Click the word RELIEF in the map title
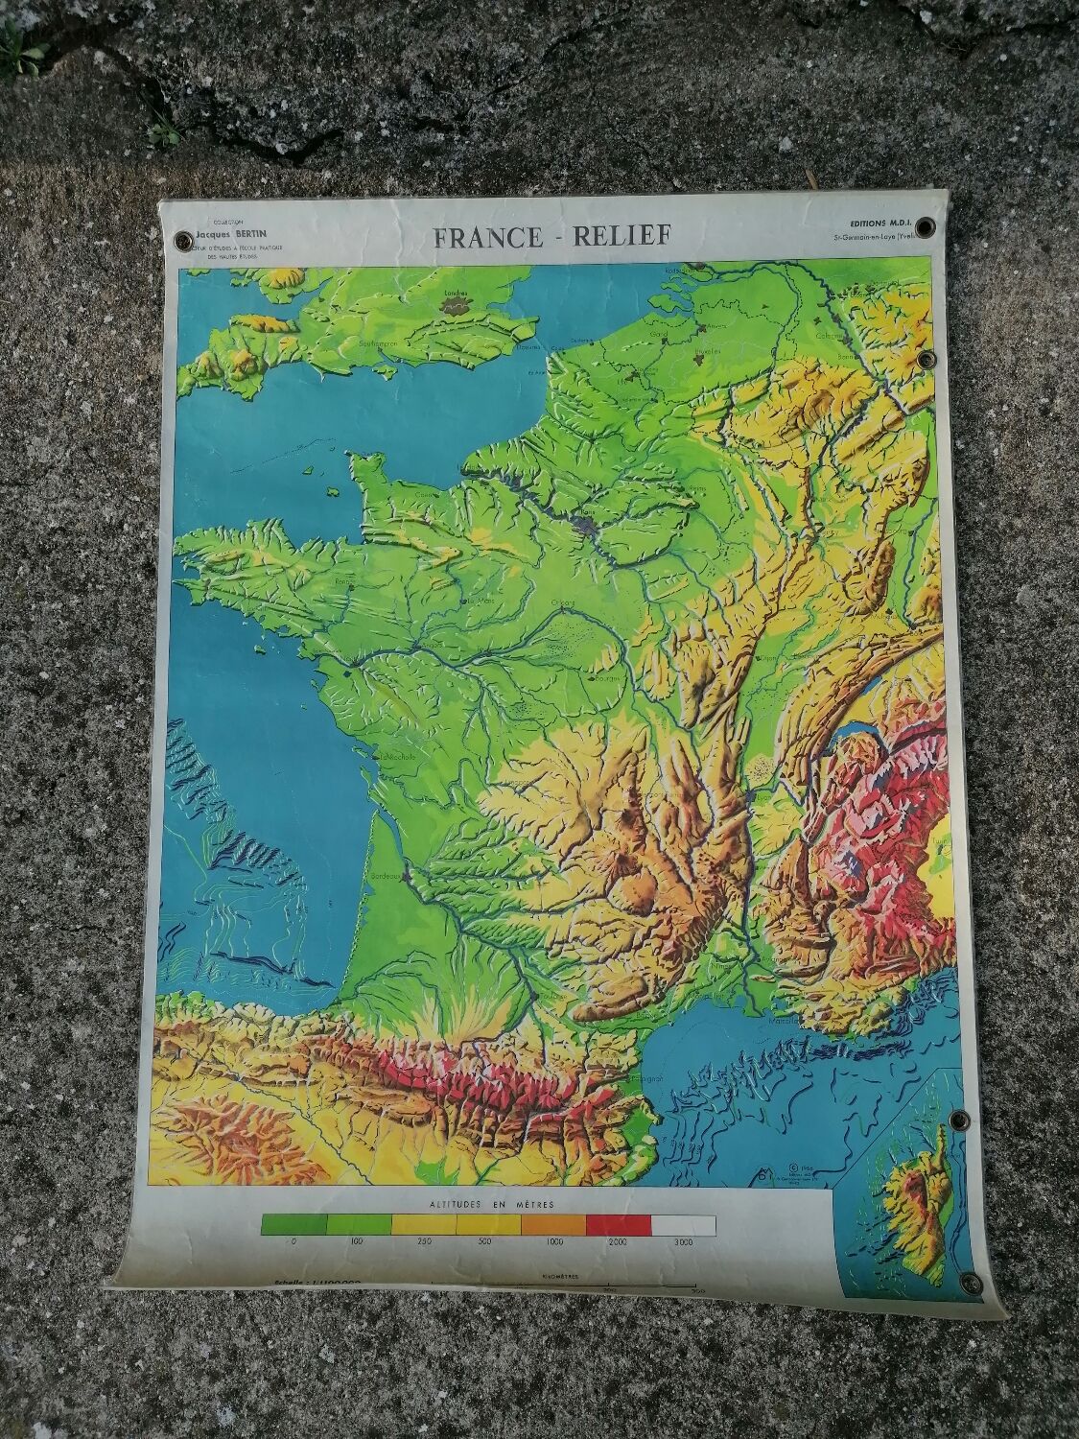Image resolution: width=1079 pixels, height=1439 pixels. [621, 236]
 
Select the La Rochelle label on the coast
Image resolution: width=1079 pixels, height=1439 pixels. [396, 755]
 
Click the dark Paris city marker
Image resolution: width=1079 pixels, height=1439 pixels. [586, 525]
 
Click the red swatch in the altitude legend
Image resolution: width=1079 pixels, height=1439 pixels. [619, 1224]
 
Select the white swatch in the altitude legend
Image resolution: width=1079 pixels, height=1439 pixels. [683, 1224]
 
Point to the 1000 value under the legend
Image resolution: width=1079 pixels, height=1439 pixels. [553, 1243]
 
